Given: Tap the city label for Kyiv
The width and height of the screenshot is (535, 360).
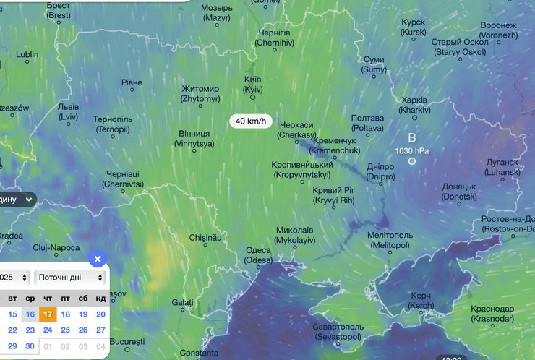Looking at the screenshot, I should [x=253, y=83].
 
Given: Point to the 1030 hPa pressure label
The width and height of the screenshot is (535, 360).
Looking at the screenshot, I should [x=412, y=150].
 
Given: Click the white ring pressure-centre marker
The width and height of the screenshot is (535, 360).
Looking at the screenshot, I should [x=411, y=161].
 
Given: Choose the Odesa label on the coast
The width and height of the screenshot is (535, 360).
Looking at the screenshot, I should [x=258, y=254].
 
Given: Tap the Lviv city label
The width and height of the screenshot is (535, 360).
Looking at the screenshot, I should [x=68, y=111].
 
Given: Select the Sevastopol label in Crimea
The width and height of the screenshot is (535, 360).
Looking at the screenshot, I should [x=338, y=331].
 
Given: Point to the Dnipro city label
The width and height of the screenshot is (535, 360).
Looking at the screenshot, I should [x=380, y=171].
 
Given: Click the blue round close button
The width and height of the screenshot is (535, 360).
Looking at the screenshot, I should [x=98, y=259].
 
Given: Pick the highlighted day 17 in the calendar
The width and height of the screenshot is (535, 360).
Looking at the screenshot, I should [x=48, y=314].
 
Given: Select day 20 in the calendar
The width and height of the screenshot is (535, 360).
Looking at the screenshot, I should [x=100, y=314].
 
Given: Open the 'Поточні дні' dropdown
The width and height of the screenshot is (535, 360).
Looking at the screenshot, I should [x=69, y=277].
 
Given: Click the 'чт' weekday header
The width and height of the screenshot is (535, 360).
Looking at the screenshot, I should [x=48, y=298].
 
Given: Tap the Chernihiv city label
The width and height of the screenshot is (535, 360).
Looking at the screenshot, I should [x=275, y=38].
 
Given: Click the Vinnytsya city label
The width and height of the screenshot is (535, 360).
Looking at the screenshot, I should [x=194, y=139].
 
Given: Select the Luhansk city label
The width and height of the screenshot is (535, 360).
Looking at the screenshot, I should [x=502, y=168].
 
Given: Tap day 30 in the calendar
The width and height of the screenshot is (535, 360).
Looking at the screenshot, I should [x=30, y=346].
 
